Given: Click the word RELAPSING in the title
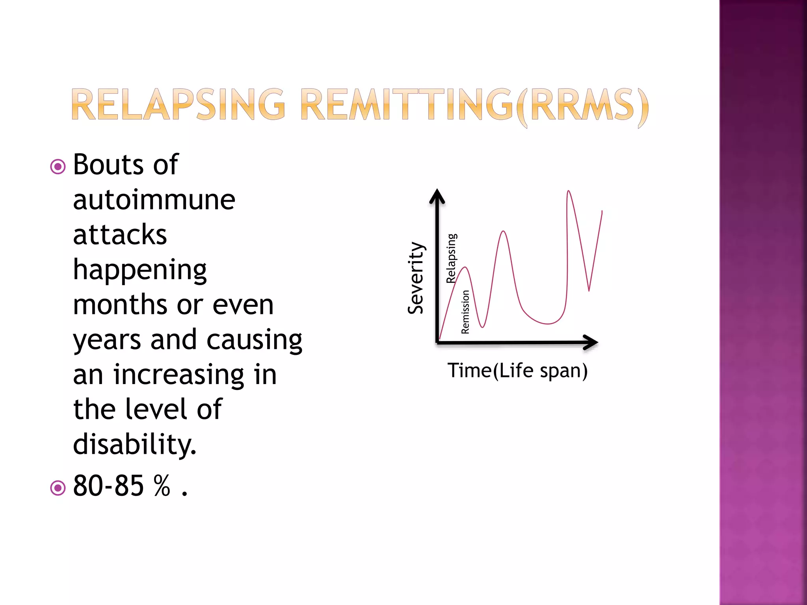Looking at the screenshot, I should tap(178, 104).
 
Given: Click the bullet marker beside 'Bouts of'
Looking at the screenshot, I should tap(58, 167).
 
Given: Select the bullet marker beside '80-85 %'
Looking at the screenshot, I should tap(58, 488).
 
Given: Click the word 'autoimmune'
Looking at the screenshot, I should tap(154, 200).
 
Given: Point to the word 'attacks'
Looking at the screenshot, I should tap(120, 235).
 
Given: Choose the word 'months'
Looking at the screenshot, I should tap(120, 305).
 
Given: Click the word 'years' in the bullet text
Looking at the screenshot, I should tap(107, 340).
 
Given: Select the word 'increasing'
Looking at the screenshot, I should tap(179, 375).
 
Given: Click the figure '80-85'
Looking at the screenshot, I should tap(108, 486).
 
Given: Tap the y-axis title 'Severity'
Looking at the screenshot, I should tap(416, 278).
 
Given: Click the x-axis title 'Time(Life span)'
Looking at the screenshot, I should tap(517, 371).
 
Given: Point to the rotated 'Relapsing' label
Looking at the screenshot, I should tap(452, 258).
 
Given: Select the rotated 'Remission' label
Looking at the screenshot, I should tap(465, 312).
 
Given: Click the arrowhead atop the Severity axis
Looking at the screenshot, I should tap(437, 196).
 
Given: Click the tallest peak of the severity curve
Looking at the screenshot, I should tap(569, 192).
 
